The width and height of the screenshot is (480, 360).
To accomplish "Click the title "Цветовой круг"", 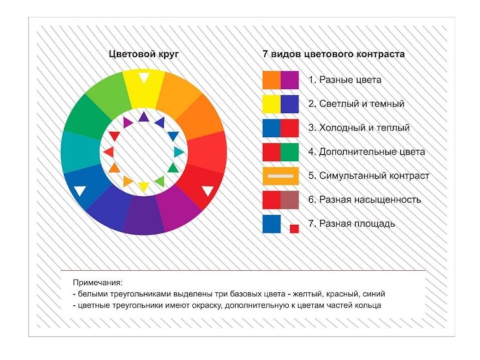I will pyautogui.click(x=143, y=54).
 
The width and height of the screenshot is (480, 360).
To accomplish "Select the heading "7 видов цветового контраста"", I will pyautogui.click(x=333, y=54).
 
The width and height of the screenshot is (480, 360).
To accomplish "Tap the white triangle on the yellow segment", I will pyautogui.click(x=143, y=77).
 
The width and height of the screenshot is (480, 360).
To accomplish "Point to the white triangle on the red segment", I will pyautogui.click(x=208, y=191).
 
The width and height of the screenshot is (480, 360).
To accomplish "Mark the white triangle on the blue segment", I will pyautogui.click(x=80, y=191).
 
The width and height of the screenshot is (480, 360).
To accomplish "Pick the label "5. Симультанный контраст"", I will pyautogui.click(x=369, y=176).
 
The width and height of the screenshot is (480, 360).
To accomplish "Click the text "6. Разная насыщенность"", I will pyautogui.click(x=365, y=200).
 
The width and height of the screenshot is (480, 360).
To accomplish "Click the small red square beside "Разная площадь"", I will pyautogui.click(x=294, y=229).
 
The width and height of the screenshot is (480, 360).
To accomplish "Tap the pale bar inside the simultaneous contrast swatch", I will pyautogui.click(x=280, y=176).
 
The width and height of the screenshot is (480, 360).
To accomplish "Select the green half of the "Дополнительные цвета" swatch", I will pyautogui.click(x=290, y=152).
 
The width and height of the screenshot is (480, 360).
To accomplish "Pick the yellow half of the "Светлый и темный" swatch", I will pyautogui.click(x=271, y=104).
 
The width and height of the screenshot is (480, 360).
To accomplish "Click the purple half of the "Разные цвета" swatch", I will pyautogui.click(x=290, y=80).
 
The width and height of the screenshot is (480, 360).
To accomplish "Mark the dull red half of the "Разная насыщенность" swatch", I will pyautogui.click(x=290, y=200).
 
